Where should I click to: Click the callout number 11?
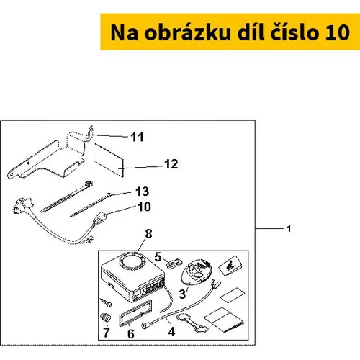pos(137,137)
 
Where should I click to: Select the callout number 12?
pos(171,164)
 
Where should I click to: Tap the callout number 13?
pos(143,192)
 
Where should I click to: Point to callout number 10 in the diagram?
pos(144,207)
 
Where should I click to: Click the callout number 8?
pos(149,234)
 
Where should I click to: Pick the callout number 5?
pos(158,257)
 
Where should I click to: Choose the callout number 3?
pos(182,294)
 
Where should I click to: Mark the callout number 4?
pos(171,332)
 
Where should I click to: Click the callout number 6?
pos(131,334)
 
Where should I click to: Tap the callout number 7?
pos(107,333)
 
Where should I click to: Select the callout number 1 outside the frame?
pos(289,229)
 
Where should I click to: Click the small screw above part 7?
pos(106,302)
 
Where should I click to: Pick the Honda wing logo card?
pos(230,266)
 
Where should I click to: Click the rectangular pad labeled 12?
pos(108,160)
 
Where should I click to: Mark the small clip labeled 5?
pos(174,264)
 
